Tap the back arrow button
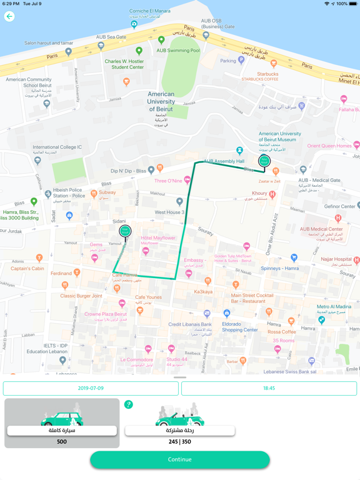tap(9, 17)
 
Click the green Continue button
tap(180, 459)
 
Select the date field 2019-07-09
tap(91, 388)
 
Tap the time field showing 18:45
tap(269, 388)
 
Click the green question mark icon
tap(129, 404)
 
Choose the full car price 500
tap(62, 442)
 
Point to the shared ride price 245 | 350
tap(179, 442)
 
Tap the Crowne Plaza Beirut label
tap(106, 314)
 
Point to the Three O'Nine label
tap(168, 181)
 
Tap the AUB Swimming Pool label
tap(178, 51)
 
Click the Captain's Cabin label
tap(27, 269)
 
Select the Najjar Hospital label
tap(334, 259)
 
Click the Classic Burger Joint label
tap(81, 296)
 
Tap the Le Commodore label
tap(136, 359)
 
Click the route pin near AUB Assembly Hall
tap(264, 161)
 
